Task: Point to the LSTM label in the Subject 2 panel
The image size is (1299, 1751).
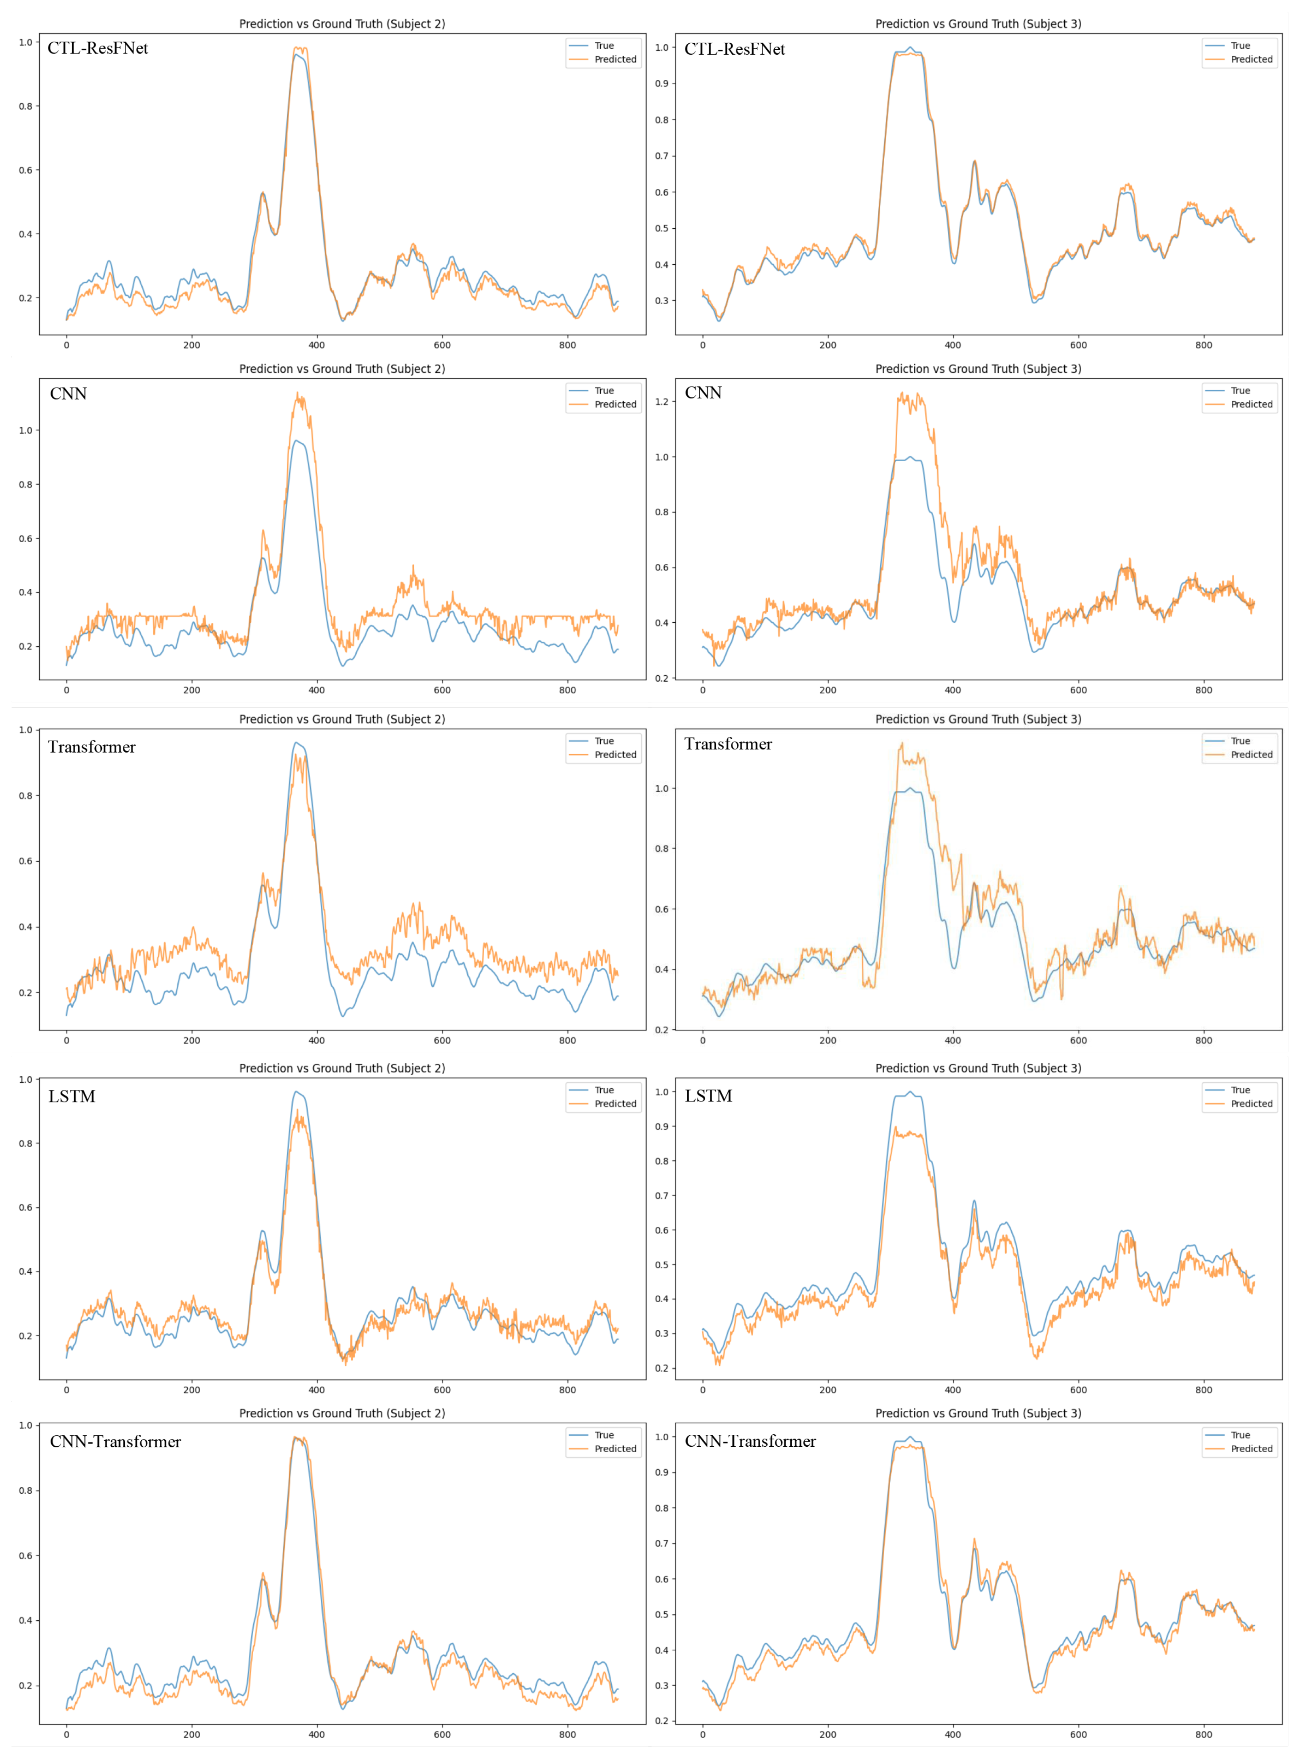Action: point(71,1096)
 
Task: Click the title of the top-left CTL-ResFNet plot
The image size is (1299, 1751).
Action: point(342,23)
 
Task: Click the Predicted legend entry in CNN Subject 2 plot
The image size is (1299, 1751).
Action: point(615,404)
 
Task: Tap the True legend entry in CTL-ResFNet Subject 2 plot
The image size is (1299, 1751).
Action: point(604,46)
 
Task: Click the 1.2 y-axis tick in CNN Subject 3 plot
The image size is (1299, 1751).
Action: point(661,402)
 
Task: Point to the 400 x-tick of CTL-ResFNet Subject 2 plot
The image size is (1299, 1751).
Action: point(316,345)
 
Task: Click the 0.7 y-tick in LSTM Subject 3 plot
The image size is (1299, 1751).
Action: point(661,1195)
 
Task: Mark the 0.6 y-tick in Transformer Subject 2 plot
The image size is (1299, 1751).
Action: point(26,861)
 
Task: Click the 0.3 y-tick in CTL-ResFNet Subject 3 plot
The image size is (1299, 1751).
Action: point(661,301)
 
